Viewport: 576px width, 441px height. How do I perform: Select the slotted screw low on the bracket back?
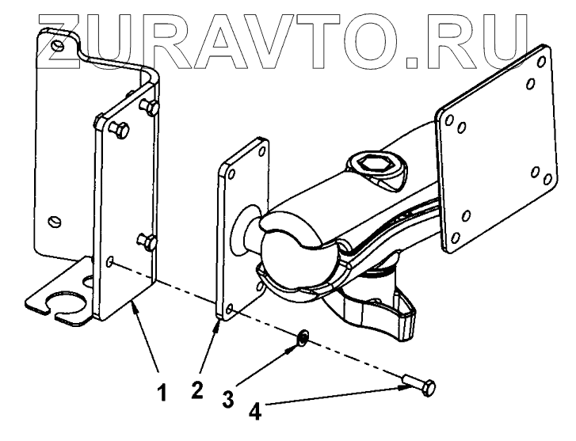(54, 219)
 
